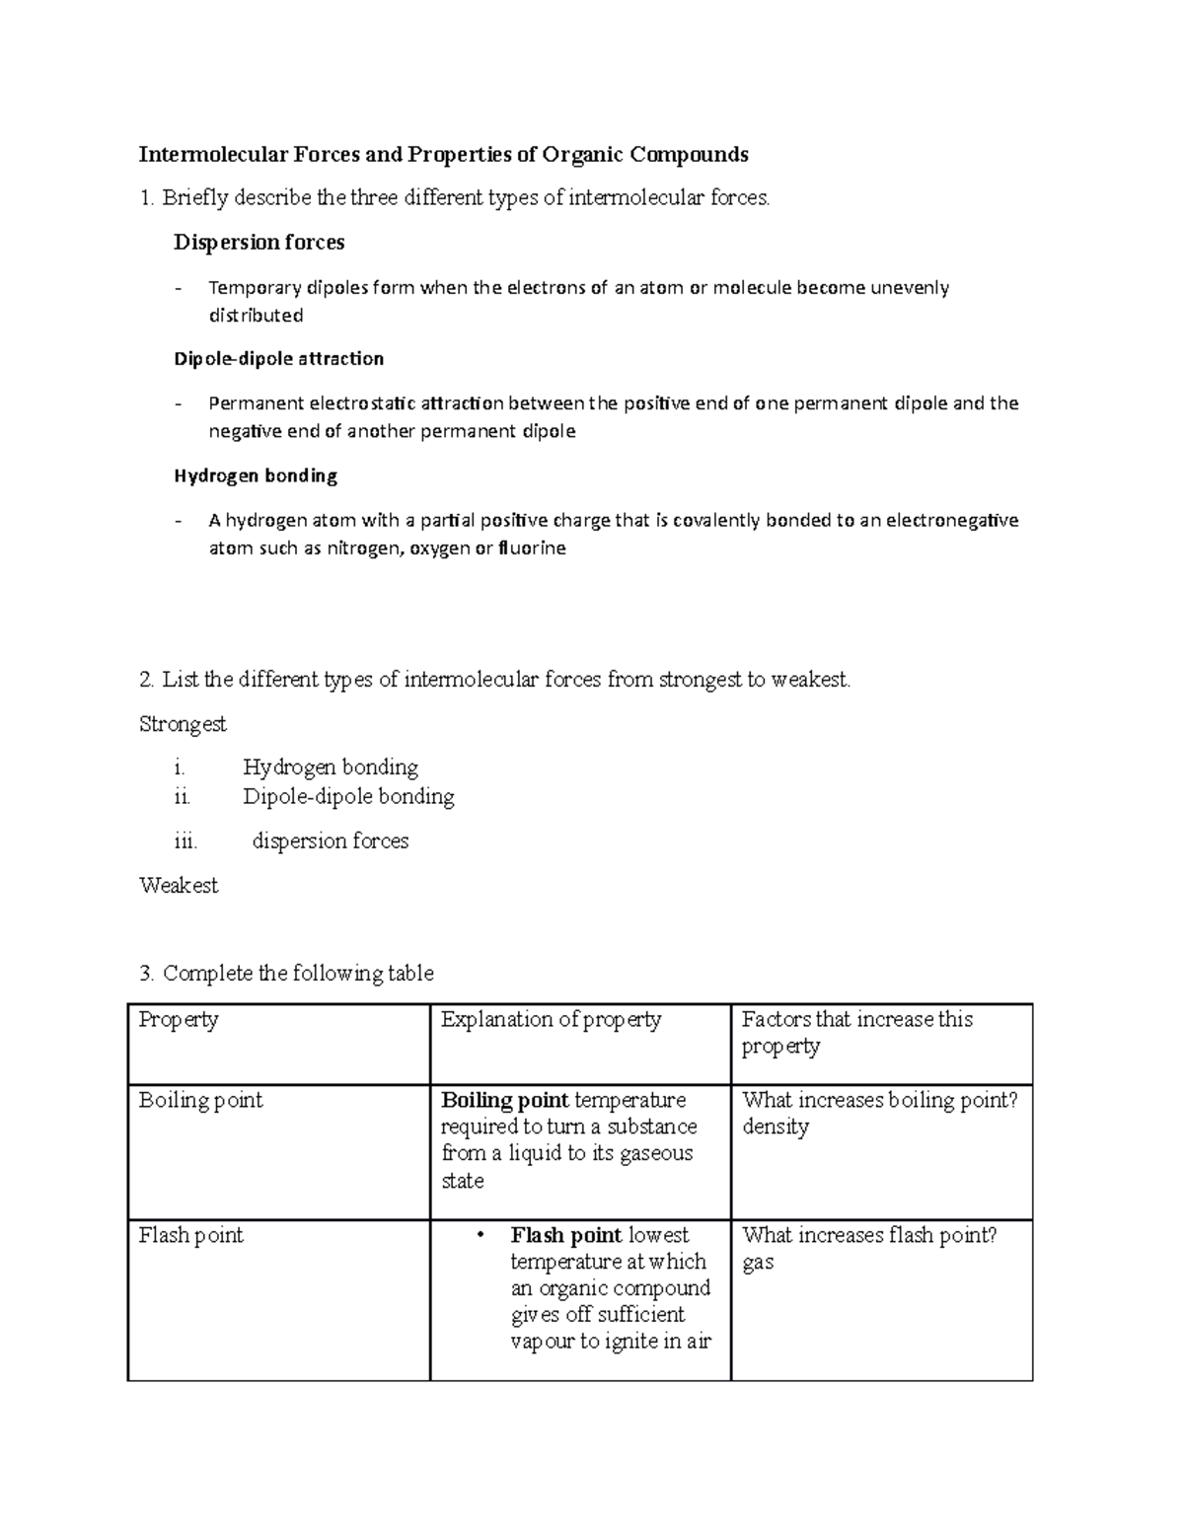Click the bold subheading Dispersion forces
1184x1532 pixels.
[x=259, y=242]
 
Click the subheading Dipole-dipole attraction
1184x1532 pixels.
[x=279, y=358]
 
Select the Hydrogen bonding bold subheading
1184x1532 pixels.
[x=256, y=475]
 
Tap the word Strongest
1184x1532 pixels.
[x=183, y=724]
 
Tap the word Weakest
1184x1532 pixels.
[x=179, y=885]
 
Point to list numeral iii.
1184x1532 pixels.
[x=185, y=841]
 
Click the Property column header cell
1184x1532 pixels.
[x=179, y=1019]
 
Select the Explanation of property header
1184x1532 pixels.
[x=551, y=1019]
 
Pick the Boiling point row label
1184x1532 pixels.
[x=201, y=1100]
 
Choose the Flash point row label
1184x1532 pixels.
[x=191, y=1235]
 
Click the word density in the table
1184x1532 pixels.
[x=776, y=1127]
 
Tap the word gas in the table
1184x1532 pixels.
[x=758, y=1262]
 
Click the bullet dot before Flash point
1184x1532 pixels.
[x=481, y=1235]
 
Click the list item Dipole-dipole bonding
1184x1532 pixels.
[x=348, y=797]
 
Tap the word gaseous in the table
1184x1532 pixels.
[x=656, y=1153]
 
